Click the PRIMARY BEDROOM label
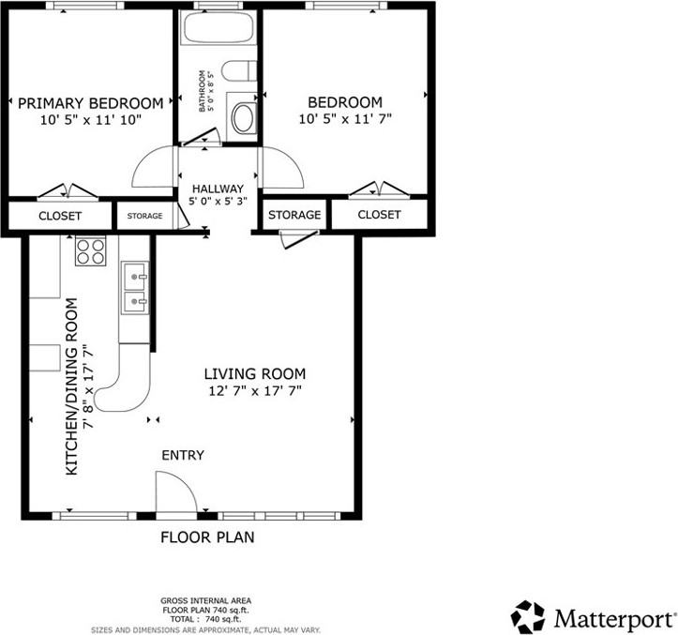[90, 103]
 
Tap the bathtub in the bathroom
[218, 26]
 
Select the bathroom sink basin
[243, 118]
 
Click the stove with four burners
[91, 250]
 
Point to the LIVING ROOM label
[255, 373]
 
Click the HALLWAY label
[217, 189]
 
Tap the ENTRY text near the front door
[183, 455]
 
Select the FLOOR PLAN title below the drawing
[207, 537]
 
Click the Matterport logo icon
[528, 617]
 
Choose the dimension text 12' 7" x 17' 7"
[255, 391]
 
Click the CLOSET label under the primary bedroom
[60, 216]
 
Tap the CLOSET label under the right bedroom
[379, 215]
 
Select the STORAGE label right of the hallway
[294, 215]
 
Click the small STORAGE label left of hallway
[144, 216]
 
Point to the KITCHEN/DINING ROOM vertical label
[80, 386]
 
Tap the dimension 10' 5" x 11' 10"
[90, 120]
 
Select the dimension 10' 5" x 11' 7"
[345, 119]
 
